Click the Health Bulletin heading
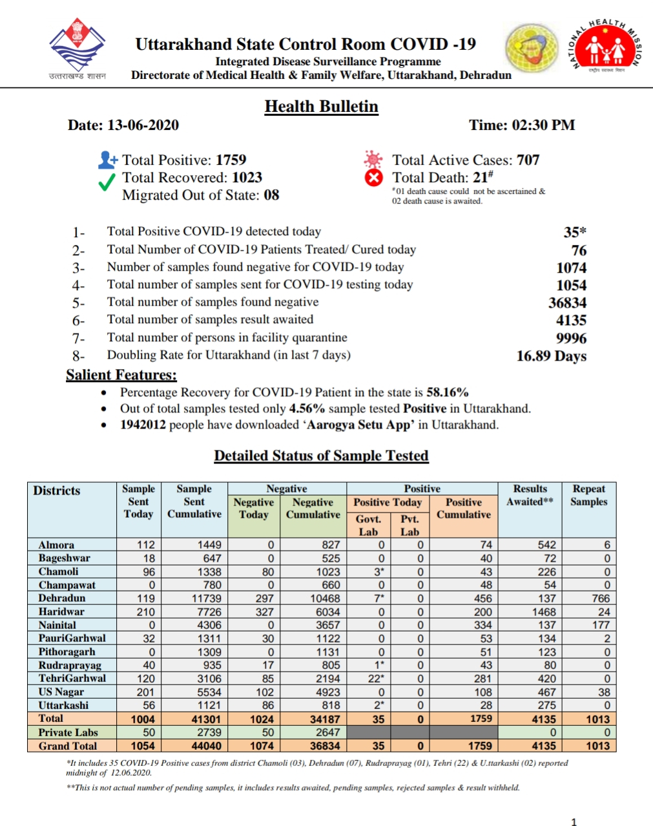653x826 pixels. pyautogui.click(x=321, y=107)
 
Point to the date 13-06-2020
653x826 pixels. pyautogui.click(x=143, y=125)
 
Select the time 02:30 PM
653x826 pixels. pyautogui.click(x=543, y=125)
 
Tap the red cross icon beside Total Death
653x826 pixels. pyautogui.click(x=374, y=178)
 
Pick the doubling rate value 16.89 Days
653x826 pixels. pyautogui.click(x=551, y=356)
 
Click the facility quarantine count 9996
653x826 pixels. pyautogui.click(x=571, y=338)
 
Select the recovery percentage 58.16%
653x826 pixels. pyautogui.click(x=447, y=392)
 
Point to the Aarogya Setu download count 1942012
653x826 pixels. pyautogui.click(x=143, y=425)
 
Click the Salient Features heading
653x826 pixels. pyautogui.click(x=121, y=375)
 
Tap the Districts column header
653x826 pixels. pyautogui.click(x=57, y=491)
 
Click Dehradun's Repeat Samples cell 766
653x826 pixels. pyautogui.click(x=600, y=598)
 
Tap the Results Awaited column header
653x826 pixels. pyautogui.click(x=530, y=495)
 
